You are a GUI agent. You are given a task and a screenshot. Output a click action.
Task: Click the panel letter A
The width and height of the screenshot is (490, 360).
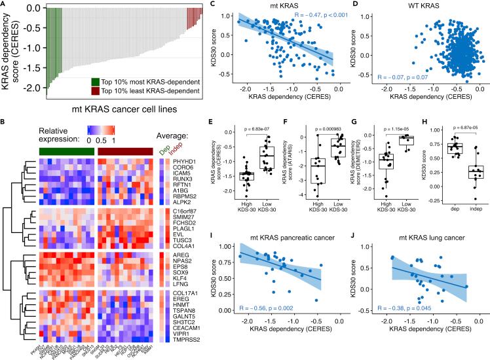pyautogui.click(x=4, y=5)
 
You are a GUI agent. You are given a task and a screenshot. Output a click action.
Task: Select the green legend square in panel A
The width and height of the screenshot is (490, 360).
pyautogui.click(x=96, y=82)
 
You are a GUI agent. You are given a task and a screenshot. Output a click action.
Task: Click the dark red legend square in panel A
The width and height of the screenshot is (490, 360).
pyautogui.click(x=96, y=92)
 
